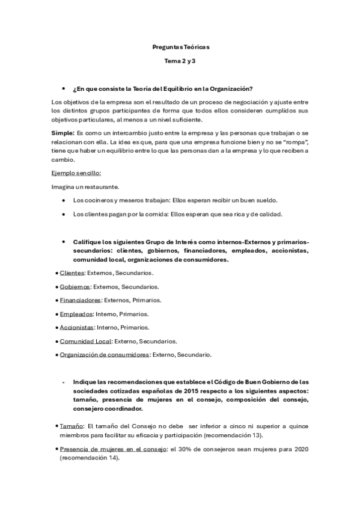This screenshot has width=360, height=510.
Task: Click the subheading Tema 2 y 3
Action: (180, 61)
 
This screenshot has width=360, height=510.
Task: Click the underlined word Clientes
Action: (72, 272)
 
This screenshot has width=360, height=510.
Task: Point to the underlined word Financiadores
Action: (81, 300)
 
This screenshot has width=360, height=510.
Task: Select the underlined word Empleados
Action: (76, 314)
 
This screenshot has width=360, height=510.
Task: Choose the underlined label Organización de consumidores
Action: (105, 355)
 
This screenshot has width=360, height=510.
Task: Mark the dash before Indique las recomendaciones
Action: (64, 382)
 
